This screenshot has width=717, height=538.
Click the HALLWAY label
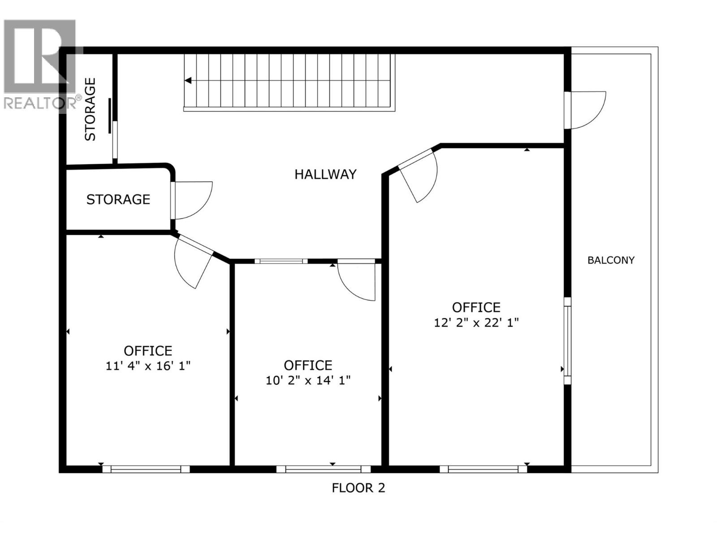(x=325, y=174)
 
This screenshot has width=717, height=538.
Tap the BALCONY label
(x=611, y=260)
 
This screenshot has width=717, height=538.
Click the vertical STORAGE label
(x=91, y=109)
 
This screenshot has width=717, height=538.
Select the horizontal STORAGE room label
(x=118, y=200)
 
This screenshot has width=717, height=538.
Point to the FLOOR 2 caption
(x=358, y=488)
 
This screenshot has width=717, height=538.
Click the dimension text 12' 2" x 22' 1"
(x=476, y=323)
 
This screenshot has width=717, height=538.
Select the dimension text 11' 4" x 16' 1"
(x=148, y=366)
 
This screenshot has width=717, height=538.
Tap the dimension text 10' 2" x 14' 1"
(x=308, y=381)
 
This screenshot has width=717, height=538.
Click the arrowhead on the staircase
(x=188, y=81)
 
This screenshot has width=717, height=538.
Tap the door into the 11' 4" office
(x=192, y=262)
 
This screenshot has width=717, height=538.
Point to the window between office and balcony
(x=567, y=341)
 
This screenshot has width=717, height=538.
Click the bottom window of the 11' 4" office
(x=146, y=469)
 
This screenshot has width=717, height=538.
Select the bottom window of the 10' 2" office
(x=323, y=469)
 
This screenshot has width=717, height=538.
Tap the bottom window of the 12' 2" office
(x=483, y=469)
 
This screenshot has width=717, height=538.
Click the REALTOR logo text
(x=40, y=103)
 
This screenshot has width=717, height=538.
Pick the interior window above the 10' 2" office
(x=281, y=261)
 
